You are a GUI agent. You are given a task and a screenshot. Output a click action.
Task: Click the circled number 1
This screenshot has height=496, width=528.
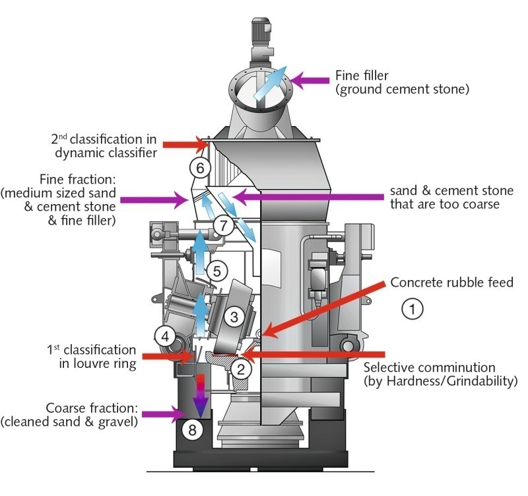(412, 308)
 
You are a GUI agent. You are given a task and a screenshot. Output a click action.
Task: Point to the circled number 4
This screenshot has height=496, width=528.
(166, 336)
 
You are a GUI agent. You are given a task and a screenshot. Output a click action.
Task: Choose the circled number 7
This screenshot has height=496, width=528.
(224, 226)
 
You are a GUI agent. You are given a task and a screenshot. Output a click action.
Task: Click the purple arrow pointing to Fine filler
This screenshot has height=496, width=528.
(310, 81)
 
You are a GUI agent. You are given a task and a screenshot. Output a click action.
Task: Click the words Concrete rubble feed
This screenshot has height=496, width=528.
(451, 283)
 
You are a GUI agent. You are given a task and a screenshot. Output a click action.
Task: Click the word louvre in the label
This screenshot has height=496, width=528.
(88, 363)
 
